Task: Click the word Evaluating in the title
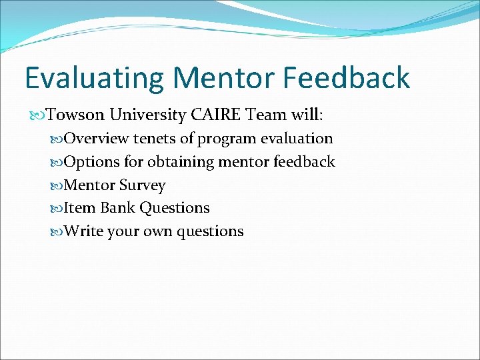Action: click(x=94, y=79)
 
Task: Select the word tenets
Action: click(x=154, y=139)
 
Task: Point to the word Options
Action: click(x=92, y=162)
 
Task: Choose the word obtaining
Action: click(x=178, y=162)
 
